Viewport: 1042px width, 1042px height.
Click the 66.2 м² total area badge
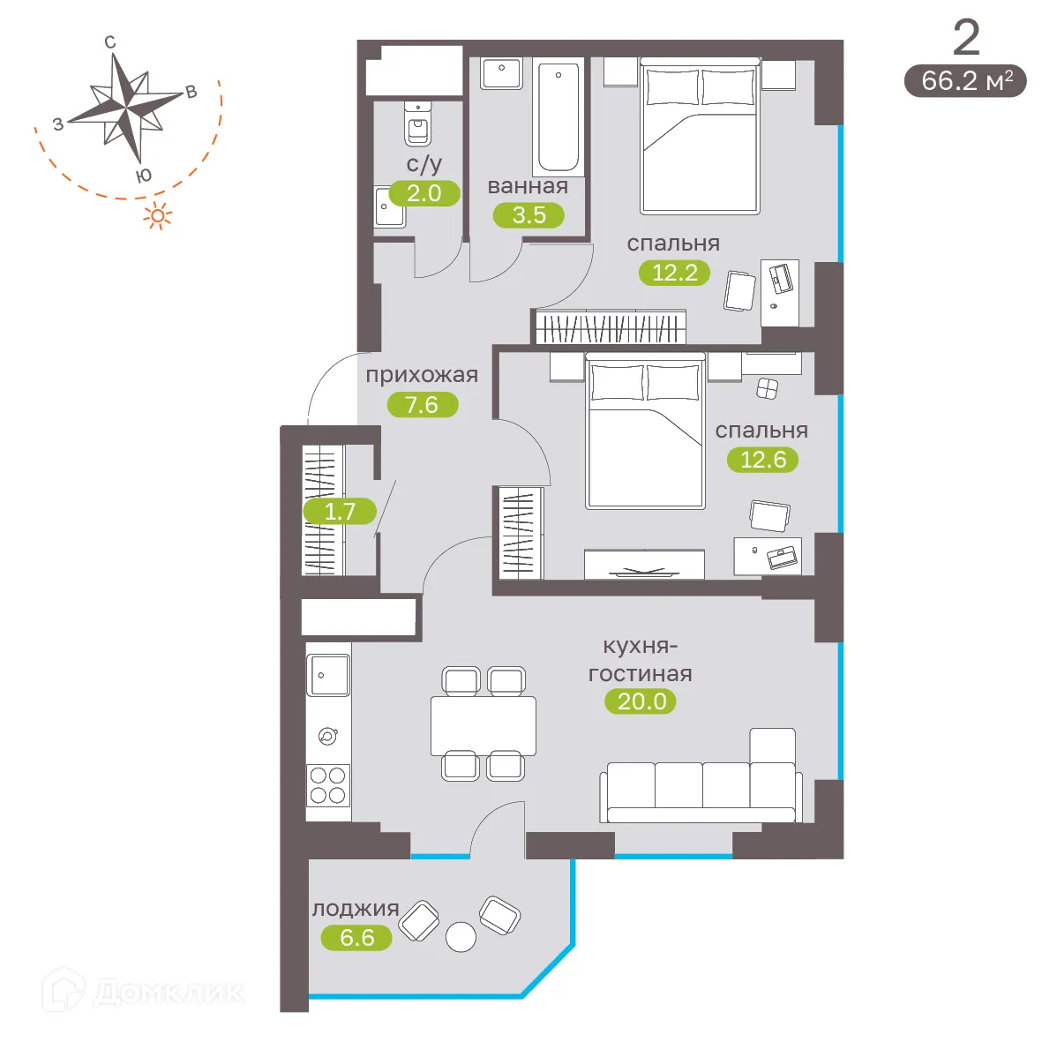965,81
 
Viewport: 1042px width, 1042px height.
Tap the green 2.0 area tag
424,193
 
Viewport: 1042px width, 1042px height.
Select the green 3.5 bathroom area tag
528,214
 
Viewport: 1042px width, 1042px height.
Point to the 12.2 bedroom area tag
674,273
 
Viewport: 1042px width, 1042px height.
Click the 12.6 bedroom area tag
762,460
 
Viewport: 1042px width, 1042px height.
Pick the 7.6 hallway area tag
422,405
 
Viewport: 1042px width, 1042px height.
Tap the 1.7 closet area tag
340,511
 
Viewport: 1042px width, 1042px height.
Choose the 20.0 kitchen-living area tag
641,701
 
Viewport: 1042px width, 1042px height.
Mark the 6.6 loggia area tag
356,937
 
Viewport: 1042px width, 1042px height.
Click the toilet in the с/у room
417,124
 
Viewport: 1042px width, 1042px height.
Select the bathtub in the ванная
558,116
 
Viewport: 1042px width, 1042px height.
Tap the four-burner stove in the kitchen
327,785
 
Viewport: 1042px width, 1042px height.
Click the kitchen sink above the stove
327,675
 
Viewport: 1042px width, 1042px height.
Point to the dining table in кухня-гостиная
483,725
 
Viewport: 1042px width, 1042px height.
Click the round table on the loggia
461,937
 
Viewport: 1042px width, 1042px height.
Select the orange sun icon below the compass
158,215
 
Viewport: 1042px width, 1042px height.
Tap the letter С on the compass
110,42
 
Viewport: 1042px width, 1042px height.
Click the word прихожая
422,375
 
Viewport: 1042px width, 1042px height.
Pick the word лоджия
355,909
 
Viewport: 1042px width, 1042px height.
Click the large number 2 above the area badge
966,38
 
